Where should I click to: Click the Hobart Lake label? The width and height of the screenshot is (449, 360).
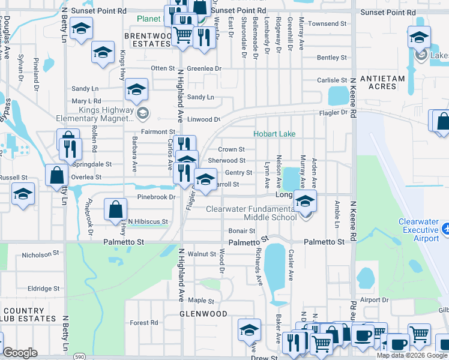274,134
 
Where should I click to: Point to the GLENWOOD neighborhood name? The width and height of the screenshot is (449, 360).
203,314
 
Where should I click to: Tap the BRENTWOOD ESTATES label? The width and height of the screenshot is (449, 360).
148,40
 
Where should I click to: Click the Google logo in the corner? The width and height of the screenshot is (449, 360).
20,353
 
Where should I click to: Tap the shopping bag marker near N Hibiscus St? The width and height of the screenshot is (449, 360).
115,209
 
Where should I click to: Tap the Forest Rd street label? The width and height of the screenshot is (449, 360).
143,323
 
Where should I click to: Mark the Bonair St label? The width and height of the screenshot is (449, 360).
242,231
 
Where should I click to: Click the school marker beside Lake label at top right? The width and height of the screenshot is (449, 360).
419,37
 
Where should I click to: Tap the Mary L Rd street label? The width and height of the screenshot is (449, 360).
86,101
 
